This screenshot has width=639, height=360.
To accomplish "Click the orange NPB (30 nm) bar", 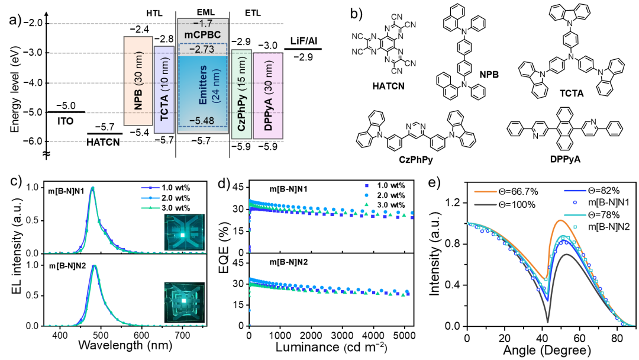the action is tap(138, 81).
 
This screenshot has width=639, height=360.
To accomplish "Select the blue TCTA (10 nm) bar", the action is tap(164, 89).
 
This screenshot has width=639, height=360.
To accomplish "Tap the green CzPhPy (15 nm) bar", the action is tap(241, 94).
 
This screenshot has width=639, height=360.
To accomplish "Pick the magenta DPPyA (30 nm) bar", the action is tap(268, 95).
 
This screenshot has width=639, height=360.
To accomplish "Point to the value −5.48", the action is tap(201, 121).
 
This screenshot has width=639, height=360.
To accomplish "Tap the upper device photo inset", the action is tap(183, 233).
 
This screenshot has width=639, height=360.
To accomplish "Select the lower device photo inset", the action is tap(184, 302).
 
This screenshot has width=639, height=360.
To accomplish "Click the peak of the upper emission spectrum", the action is tap(92, 188).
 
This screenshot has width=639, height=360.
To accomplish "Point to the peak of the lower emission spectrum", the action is tap(94, 266).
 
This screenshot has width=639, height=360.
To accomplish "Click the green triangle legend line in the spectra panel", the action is tap(151, 208).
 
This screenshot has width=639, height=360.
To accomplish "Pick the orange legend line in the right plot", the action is tap(485, 192).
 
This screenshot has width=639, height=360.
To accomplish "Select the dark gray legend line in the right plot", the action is tap(485, 205).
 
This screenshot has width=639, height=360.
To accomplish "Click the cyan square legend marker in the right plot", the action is tap(575, 227).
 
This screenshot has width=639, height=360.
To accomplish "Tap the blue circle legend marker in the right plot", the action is tap(575, 202).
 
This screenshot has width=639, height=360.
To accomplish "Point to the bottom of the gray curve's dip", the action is tap(548, 322).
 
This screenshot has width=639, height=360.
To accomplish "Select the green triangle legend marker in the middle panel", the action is tap(367, 204).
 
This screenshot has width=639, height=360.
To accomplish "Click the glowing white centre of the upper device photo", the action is tap(183, 235).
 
